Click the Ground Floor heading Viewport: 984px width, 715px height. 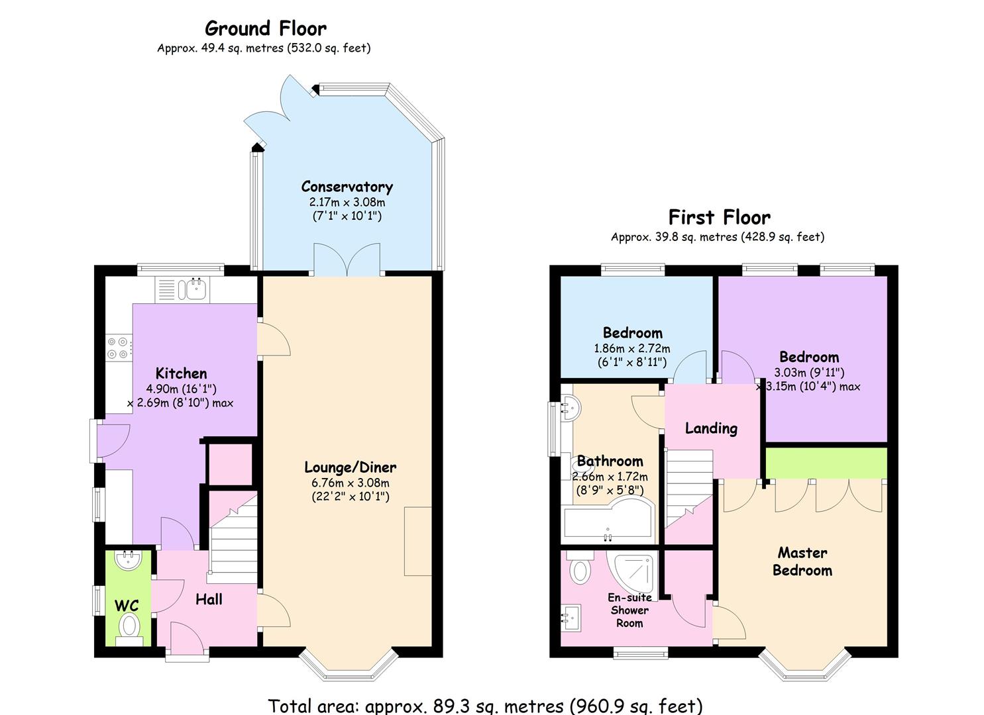coord(265,29)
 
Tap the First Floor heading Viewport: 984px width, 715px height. coord(719,217)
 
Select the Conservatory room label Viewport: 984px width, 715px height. coord(347,187)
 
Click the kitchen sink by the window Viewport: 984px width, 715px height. coord(182,290)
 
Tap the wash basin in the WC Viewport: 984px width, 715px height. coord(129,561)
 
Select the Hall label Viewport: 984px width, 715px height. coord(209,599)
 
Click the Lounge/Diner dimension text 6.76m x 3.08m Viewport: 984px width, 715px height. coord(350,483)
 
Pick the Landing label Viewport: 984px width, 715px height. coord(711,428)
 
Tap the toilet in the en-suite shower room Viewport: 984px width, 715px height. coord(580,568)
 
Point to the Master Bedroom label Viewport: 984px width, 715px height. coord(802,561)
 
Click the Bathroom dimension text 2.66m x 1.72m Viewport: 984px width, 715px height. coord(610,476)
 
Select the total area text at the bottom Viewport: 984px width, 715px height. coord(486,706)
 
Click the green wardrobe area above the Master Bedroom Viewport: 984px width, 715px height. coord(826,463)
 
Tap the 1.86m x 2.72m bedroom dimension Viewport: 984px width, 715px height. coord(632,348)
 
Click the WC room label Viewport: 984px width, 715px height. coord(127,606)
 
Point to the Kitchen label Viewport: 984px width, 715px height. coord(181,373)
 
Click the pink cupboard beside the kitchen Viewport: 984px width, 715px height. coord(230,464)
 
